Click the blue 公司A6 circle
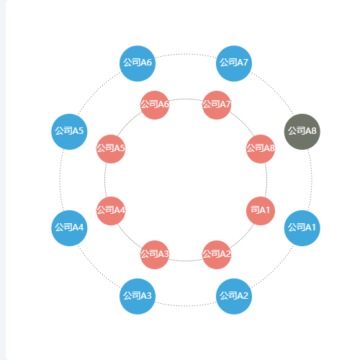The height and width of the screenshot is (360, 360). click(x=138, y=63)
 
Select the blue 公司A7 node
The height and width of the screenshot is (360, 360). click(x=234, y=63)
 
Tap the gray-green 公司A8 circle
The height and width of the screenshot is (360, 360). click(x=302, y=132)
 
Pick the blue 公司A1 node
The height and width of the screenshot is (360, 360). click(x=302, y=228)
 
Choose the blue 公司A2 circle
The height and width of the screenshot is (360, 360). click(x=234, y=296)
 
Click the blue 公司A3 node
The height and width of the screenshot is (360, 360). click(x=138, y=296)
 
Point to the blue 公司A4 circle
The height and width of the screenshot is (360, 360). click(x=69, y=228)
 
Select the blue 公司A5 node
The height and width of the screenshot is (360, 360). click(x=69, y=132)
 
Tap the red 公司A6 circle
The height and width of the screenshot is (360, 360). click(x=155, y=105)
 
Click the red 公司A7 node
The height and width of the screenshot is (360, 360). click(x=217, y=105)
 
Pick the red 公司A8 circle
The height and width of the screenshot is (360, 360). click(x=261, y=149)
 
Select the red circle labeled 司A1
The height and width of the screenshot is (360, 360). click(x=261, y=211)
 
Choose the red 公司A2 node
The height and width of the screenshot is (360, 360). click(x=217, y=255)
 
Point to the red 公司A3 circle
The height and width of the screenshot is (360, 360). click(x=155, y=255)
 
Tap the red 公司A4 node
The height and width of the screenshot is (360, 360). click(x=111, y=211)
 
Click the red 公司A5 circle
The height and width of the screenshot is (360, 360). click(x=111, y=149)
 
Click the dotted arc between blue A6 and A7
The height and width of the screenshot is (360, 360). click(x=186, y=54)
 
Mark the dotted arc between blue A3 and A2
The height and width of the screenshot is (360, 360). click(x=186, y=306)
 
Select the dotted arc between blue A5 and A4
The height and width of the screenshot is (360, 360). click(x=60, y=180)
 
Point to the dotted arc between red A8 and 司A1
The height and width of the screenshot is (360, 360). click(x=266, y=180)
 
